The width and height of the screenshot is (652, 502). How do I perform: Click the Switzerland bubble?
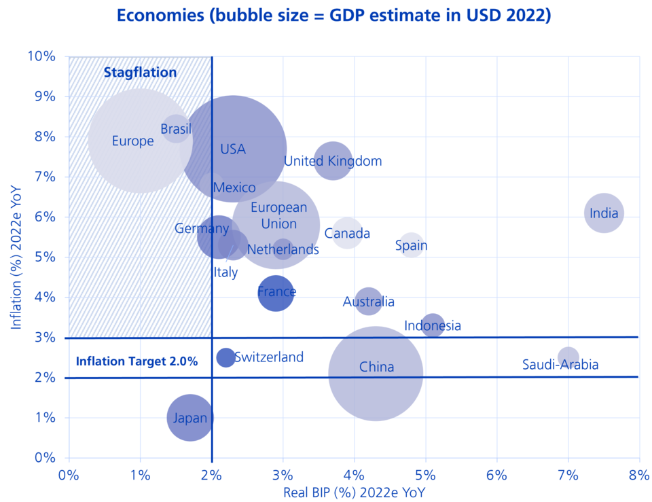(225, 357)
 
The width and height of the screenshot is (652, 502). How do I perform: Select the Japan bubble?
(189, 417)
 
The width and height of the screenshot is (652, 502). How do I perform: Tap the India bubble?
(604, 213)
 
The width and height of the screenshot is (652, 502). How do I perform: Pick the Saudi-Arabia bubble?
(568, 357)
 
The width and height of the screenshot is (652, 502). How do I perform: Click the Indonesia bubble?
(433, 325)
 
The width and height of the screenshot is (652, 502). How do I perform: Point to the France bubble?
(276, 293)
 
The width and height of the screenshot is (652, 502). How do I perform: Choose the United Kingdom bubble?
(333, 161)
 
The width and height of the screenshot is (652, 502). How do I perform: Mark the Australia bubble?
(368, 301)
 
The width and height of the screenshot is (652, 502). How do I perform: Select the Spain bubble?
(411, 245)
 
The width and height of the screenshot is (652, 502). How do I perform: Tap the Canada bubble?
(347, 234)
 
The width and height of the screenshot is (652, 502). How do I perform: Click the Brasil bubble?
(176, 128)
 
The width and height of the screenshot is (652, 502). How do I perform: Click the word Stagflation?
(140, 72)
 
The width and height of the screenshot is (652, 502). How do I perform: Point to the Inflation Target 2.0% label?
(137, 361)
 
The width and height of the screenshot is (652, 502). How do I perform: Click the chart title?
(333, 16)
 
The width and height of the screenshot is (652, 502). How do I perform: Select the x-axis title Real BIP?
(354, 492)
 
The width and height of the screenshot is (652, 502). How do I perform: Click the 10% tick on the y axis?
(41, 56)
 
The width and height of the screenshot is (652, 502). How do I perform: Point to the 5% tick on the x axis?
(425, 473)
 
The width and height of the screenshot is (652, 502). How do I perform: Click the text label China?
(376, 367)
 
